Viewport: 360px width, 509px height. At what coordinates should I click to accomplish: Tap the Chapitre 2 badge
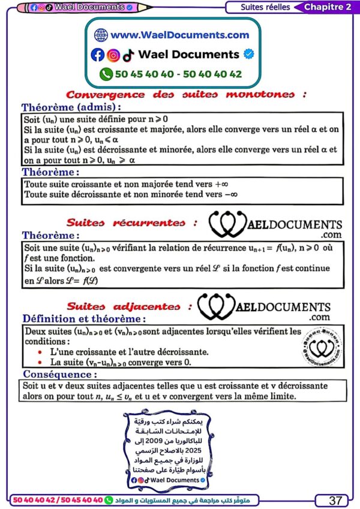[328, 7]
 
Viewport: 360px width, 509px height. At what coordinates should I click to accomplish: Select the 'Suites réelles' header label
[265, 7]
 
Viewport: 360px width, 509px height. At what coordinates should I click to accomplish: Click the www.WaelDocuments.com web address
[179, 35]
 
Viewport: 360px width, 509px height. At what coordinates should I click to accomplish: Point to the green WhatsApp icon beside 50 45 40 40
[106, 74]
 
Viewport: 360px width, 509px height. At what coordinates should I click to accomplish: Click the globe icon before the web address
[100, 35]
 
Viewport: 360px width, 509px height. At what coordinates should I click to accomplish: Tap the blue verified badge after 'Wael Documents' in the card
[249, 55]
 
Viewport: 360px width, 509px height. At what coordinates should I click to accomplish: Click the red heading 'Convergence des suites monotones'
[186, 94]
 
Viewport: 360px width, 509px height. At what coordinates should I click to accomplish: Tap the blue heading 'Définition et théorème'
[83, 319]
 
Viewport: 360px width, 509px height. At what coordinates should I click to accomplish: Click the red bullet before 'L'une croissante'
[40, 352]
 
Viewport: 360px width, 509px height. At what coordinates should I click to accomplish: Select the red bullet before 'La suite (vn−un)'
[40, 363]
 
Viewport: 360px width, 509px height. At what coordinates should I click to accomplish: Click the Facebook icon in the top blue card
[97, 55]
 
